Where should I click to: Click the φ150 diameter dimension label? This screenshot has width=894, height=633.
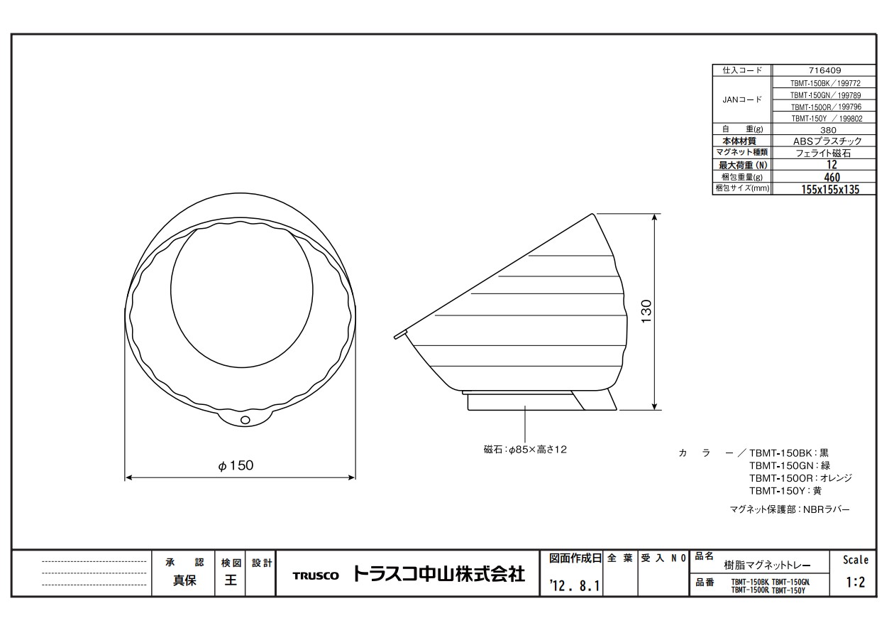tap(236, 465)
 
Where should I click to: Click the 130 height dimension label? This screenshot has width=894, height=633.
tap(646, 311)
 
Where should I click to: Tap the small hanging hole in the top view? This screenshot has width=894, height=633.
tap(245, 420)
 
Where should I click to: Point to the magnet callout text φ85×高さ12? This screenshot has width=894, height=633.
tap(525, 450)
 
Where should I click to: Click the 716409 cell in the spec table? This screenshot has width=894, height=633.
tap(825, 70)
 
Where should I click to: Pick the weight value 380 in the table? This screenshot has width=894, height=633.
tap(828, 130)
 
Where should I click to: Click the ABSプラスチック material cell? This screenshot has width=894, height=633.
tap(827, 141)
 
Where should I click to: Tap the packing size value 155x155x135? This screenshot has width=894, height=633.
tap(830, 190)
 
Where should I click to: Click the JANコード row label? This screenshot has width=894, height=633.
tap(742, 99)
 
